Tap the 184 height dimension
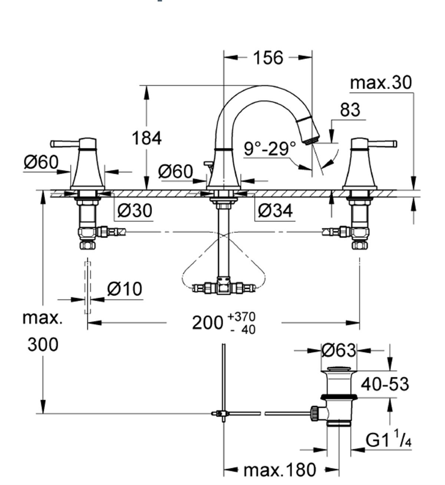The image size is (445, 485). point(147,139)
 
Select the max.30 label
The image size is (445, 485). point(381,83)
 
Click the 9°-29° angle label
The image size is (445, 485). point(270,149)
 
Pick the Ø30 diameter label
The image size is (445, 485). point(135,211)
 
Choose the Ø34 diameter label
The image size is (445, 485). point(275,211)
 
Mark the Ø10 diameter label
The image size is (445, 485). point(125,289)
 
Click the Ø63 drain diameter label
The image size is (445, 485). point(338,350)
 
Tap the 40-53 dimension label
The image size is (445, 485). point(386,384)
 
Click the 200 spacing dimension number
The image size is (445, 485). point(207,323)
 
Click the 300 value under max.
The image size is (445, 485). point(43,345)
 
